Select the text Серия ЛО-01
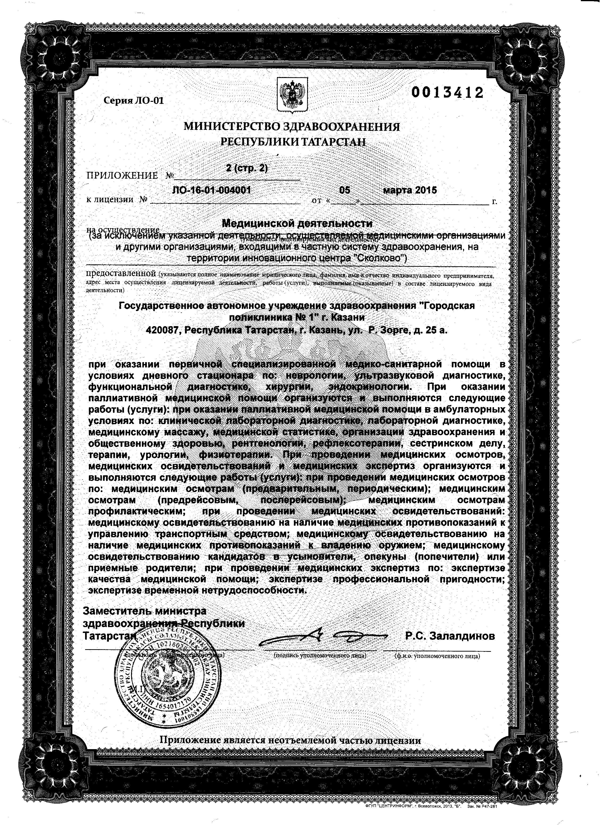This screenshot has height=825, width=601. [134, 101]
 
